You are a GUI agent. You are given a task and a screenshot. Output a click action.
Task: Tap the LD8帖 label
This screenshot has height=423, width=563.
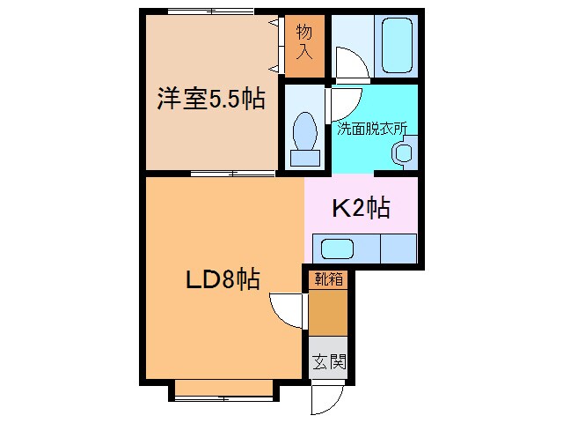point(221,279)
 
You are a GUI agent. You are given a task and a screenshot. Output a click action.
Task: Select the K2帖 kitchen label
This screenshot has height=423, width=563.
point(361,209)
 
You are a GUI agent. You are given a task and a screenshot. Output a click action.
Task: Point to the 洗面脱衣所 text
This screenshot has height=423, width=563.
point(372,128)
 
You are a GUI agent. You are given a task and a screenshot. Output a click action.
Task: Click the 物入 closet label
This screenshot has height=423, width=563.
point(304,42)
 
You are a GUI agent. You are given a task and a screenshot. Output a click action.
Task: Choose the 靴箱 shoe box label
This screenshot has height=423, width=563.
point(327,280)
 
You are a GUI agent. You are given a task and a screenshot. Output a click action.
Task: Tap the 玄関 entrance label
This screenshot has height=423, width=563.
point(328,361)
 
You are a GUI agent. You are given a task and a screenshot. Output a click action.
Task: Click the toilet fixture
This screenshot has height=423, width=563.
point(306,137)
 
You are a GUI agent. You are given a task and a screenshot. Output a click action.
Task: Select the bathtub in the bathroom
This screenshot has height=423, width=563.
point(397,46)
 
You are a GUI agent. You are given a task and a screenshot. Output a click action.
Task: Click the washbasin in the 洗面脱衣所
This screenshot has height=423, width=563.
point(404,152)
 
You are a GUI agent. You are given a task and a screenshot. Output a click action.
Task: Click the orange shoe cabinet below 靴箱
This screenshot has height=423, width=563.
point(327,312)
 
